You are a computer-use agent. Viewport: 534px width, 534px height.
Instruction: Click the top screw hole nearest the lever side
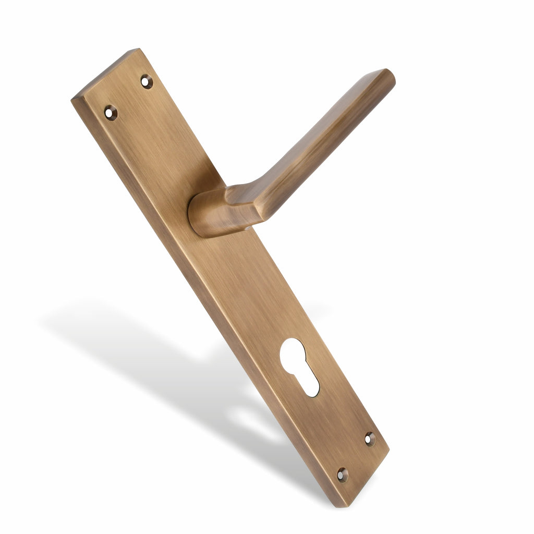click(147, 81)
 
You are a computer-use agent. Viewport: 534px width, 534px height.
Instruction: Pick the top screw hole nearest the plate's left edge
click(111, 112)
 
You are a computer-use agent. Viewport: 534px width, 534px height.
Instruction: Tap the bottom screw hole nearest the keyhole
click(370, 439)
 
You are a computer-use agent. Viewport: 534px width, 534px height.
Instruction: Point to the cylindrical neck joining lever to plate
click(206, 214)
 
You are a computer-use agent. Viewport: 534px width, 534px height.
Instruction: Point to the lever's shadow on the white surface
click(130, 334)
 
